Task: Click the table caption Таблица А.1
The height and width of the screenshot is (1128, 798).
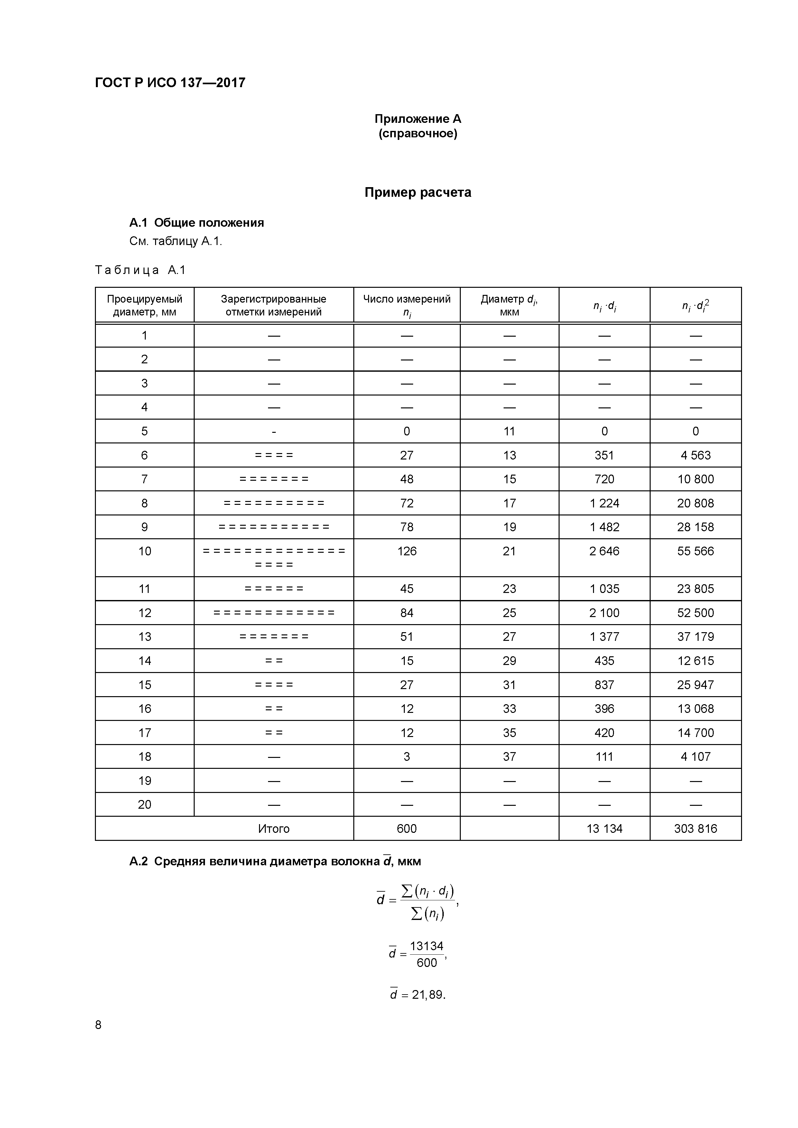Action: (x=140, y=270)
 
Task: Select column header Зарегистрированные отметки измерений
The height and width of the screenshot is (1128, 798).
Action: (x=274, y=305)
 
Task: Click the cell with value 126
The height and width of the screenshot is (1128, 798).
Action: (x=407, y=551)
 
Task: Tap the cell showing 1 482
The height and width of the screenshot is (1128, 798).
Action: (x=604, y=527)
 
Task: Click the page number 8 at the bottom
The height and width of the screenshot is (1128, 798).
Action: (x=98, y=1024)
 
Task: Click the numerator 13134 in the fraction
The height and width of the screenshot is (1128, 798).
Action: (x=426, y=946)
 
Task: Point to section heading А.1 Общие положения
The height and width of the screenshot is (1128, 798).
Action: (x=197, y=223)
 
